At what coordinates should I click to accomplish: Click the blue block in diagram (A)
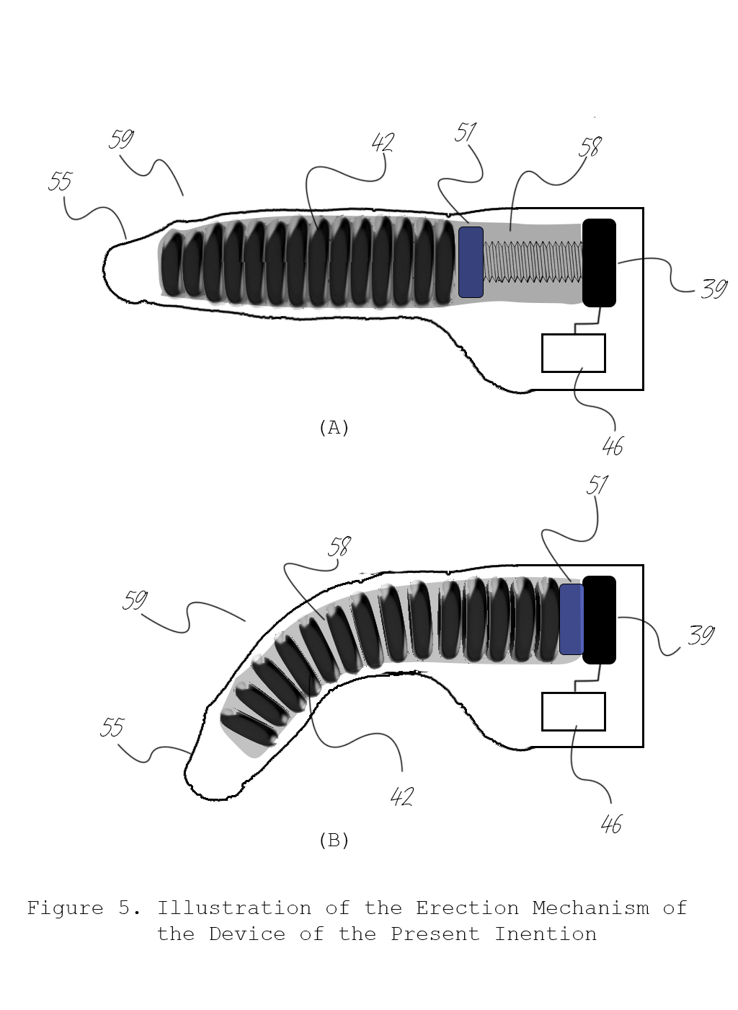click(x=471, y=262)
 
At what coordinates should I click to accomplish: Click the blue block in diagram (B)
click(x=572, y=619)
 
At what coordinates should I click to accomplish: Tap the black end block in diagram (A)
click(x=599, y=263)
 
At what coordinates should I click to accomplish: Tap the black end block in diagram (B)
click(x=599, y=620)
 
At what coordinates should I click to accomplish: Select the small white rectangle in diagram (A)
click(x=574, y=353)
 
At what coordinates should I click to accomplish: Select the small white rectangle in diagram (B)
click(x=574, y=711)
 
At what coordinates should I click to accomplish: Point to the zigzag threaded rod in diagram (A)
click(x=533, y=262)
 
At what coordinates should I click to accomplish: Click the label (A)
click(x=334, y=427)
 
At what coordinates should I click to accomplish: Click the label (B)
click(x=334, y=840)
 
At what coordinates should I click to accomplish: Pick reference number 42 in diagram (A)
click(x=383, y=143)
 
